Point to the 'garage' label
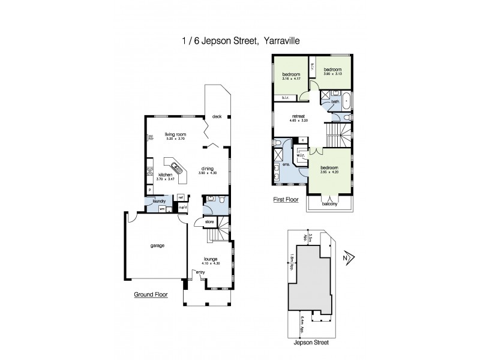tap(157, 245)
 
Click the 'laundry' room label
tap(159, 202)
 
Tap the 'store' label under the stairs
tap(210, 223)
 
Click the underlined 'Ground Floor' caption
tap(151, 295)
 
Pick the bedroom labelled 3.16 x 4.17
tap(291, 75)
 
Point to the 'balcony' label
tap(329, 203)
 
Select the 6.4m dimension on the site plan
tap(302, 324)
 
